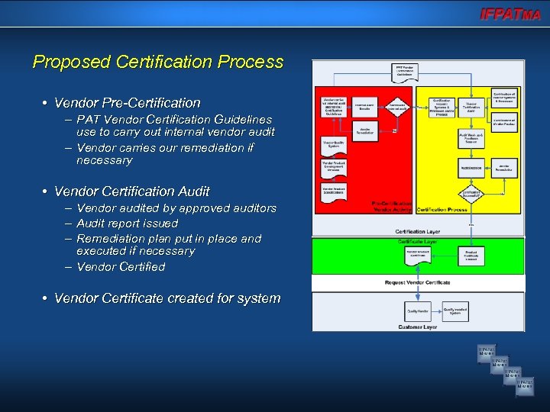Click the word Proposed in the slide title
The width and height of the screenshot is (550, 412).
[x=66, y=62]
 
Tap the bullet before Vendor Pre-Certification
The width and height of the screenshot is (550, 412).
[x=46, y=103]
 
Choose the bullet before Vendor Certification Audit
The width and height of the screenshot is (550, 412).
[x=46, y=192]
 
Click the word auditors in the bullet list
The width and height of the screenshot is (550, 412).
[x=253, y=208]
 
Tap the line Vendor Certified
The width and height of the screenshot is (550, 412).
[x=121, y=267]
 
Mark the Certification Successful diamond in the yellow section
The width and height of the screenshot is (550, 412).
[x=470, y=194]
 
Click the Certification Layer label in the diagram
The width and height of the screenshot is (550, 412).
[x=417, y=231]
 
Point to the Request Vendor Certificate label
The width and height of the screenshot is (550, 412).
[x=418, y=283]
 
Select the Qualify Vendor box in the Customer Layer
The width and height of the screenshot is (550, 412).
[x=417, y=311]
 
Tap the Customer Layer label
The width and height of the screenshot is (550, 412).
[x=417, y=327]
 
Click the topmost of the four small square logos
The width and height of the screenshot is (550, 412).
[x=487, y=352]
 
